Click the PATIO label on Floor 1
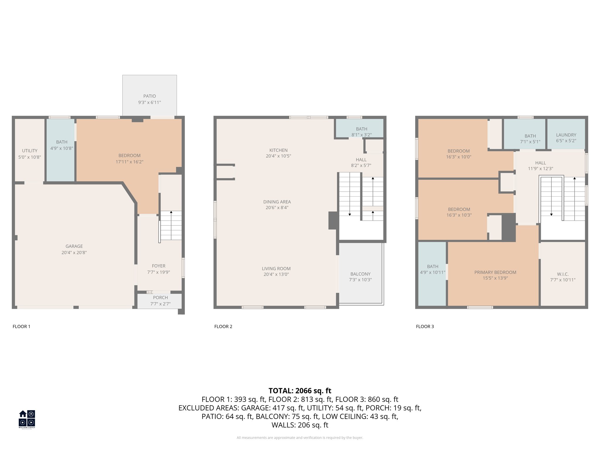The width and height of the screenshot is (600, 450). [x=149, y=96]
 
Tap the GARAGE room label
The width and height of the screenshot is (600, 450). [x=74, y=246]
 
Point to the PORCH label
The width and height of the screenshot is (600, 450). [x=160, y=298]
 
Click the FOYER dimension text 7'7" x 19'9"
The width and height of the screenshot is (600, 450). [x=158, y=272]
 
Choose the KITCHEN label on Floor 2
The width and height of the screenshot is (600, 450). [x=278, y=150]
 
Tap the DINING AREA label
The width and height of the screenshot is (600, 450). [x=277, y=202]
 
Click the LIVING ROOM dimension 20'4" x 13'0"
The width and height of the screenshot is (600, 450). [x=276, y=275]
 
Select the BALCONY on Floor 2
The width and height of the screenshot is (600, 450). [x=360, y=274]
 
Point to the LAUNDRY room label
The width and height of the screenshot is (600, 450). [x=566, y=135]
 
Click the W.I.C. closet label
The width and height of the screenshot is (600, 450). [x=563, y=274]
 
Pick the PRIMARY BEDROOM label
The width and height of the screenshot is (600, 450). [x=495, y=272]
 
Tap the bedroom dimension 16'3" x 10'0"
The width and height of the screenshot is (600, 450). [x=458, y=157]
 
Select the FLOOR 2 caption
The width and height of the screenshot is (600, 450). [x=223, y=327]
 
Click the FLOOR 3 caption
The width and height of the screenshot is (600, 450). [x=425, y=327]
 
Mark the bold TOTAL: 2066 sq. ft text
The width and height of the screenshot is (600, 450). [x=300, y=391]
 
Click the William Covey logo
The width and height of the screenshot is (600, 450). [x=27, y=419]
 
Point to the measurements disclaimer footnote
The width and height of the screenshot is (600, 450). [x=300, y=438]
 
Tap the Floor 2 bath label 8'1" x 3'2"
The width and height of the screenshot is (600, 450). [x=362, y=135]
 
